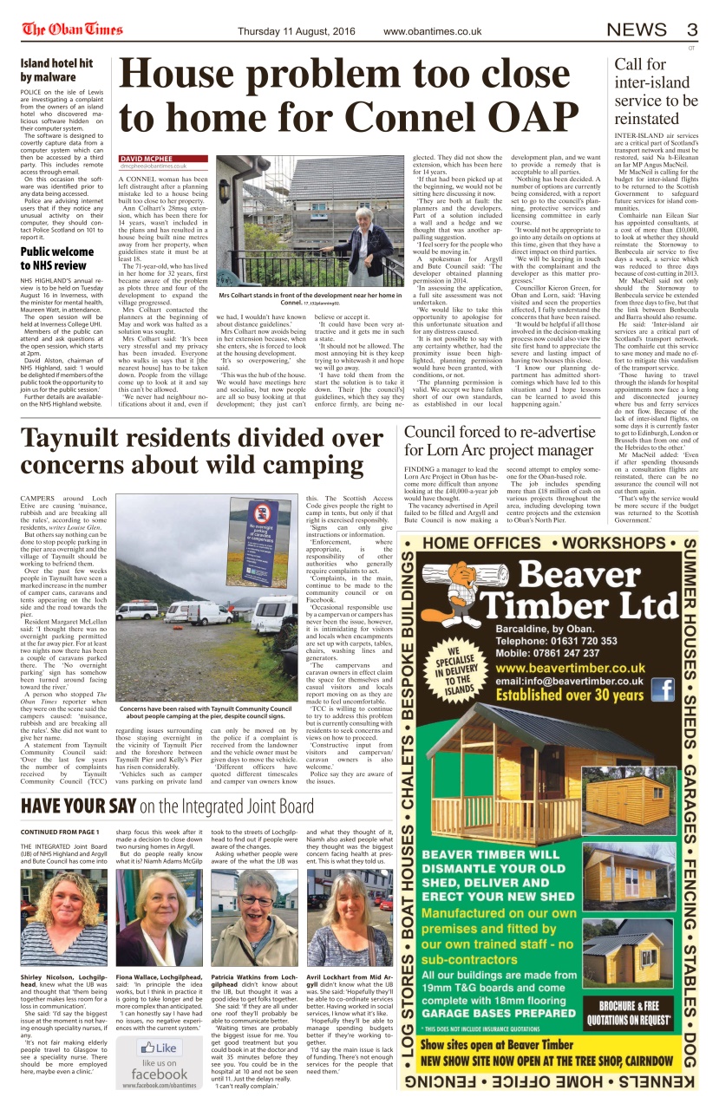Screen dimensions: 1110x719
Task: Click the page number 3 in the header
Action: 690,30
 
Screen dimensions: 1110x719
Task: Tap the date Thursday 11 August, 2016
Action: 297,31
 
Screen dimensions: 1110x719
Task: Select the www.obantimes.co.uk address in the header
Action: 432,31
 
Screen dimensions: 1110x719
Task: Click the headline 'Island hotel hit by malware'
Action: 56,70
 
